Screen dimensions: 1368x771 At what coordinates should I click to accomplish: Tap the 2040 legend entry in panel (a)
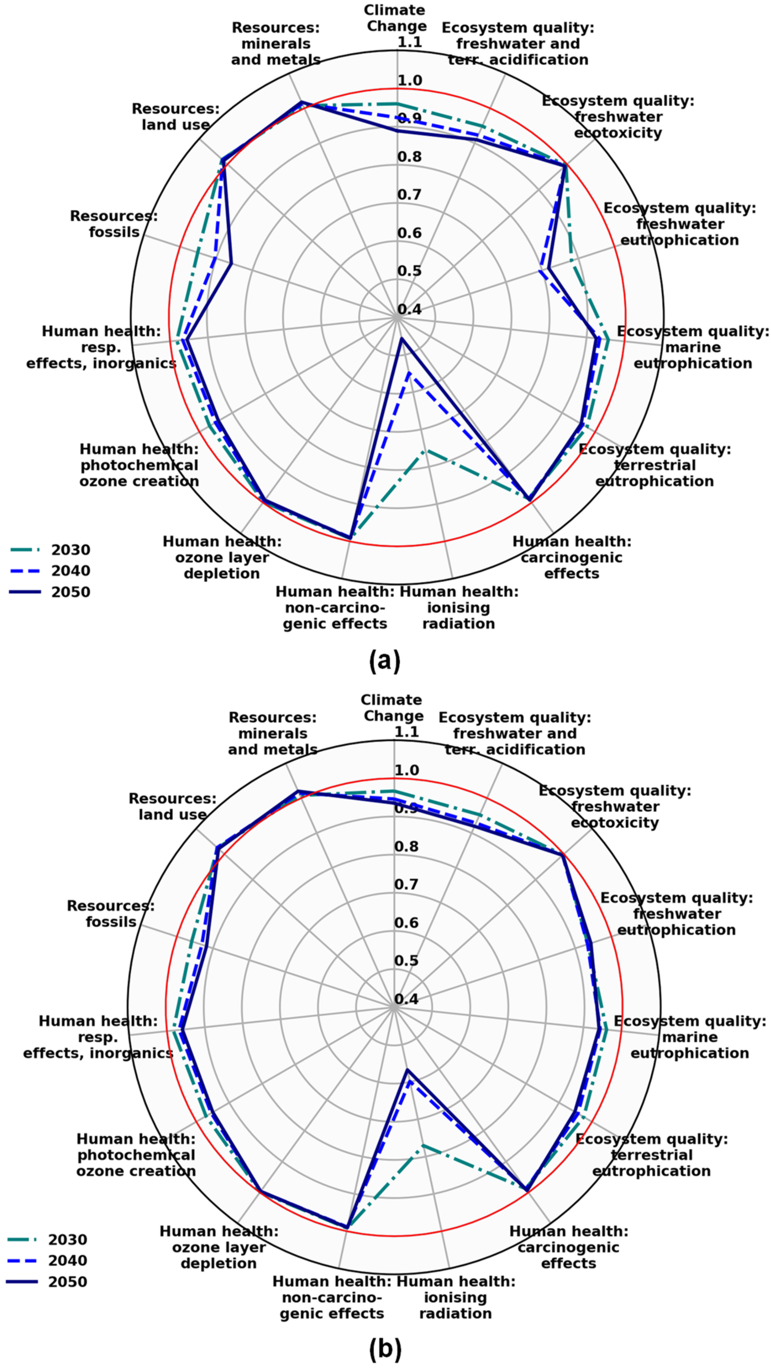(x=71, y=571)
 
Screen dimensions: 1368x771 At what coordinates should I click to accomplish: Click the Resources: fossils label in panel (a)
(x=114, y=224)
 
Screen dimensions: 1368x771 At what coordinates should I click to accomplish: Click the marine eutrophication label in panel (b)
(x=690, y=1037)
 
